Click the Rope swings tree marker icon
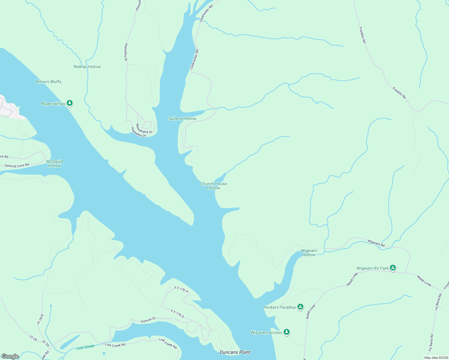(x=70, y=103)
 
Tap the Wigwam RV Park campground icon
(x=393, y=268)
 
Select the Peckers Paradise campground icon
(x=300, y=307)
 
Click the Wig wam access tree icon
(x=287, y=332)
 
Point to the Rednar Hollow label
(x=87, y=67)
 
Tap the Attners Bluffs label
(x=48, y=82)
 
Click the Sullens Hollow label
(x=182, y=118)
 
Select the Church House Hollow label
(x=213, y=186)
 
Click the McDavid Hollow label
(x=54, y=163)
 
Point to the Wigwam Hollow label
(x=309, y=253)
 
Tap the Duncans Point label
(x=235, y=352)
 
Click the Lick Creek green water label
(x=85, y=347)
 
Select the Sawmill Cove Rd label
(x=17, y=165)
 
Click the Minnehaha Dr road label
(x=144, y=129)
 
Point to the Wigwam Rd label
(x=376, y=243)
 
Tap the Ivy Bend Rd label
(x=431, y=343)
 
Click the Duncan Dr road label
(x=148, y=320)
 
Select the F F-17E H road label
(x=181, y=289)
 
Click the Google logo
(x=10, y=356)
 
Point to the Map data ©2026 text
(x=436, y=358)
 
